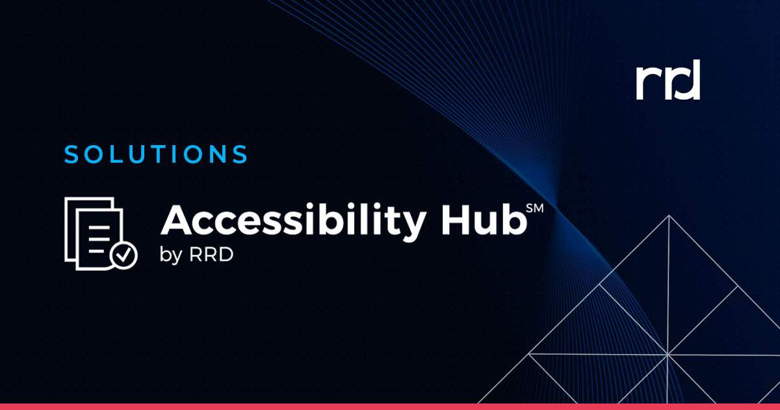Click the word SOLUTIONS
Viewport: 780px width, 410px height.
pyautogui.click(x=156, y=154)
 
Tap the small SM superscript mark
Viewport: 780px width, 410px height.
pyautogui.click(x=534, y=208)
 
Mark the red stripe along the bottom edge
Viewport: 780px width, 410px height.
pyautogui.click(x=390, y=406)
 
